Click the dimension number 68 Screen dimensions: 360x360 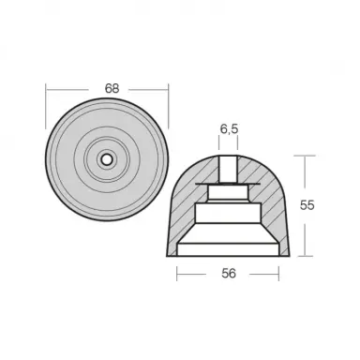coord(112,88)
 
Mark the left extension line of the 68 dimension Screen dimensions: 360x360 coord(47,99)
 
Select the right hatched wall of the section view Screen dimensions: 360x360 coord(274,216)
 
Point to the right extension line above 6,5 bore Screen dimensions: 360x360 coord(237,141)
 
